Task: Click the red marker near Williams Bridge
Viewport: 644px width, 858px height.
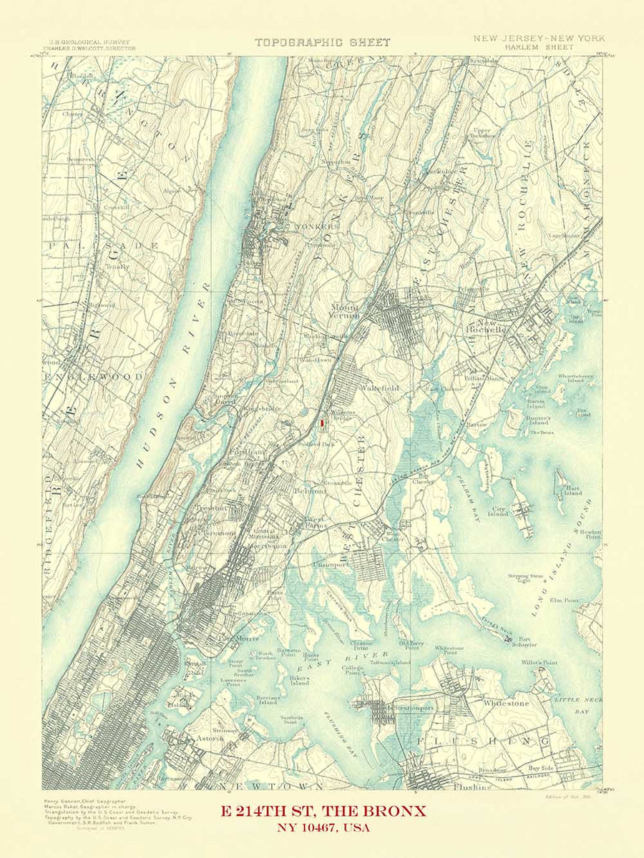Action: point(322,424)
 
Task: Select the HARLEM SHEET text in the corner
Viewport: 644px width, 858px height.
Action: point(538,46)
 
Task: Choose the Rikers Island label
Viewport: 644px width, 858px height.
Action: point(299,679)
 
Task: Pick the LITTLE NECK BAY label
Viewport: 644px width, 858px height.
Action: point(577,704)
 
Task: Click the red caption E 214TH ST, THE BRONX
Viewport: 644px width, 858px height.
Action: point(323,811)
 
